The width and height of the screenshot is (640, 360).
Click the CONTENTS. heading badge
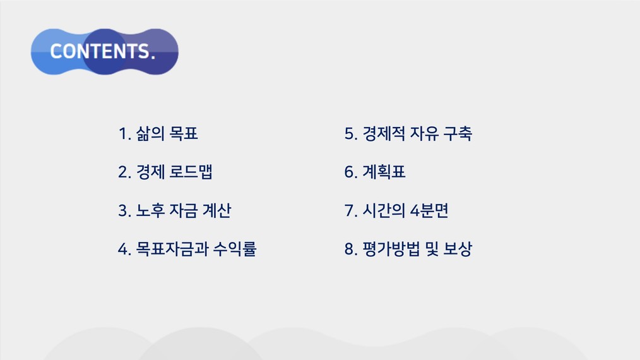coord(105,52)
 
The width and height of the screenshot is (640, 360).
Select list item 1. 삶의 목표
coord(158,134)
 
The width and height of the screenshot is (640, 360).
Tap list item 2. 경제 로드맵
coord(165,172)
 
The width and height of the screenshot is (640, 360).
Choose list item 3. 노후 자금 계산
coord(175,210)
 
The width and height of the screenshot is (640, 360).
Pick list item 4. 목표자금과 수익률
coord(187,249)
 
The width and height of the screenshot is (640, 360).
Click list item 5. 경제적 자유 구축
coord(408,134)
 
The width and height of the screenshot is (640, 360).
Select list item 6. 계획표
coord(375,172)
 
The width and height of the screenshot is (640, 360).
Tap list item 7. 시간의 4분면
coord(396,210)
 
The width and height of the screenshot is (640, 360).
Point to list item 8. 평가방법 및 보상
coord(408,249)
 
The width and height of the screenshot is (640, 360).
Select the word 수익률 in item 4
coord(235,249)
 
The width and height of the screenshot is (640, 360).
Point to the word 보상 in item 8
coord(458,249)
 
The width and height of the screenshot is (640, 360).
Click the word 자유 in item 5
coord(424,134)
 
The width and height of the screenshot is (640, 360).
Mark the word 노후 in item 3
coord(150,210)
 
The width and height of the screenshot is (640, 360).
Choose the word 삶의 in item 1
coord(150,134)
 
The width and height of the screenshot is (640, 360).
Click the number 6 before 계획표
coord(350,172)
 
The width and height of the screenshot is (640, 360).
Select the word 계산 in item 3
coord(216,210)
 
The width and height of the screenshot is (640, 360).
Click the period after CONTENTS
coord(153,57)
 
